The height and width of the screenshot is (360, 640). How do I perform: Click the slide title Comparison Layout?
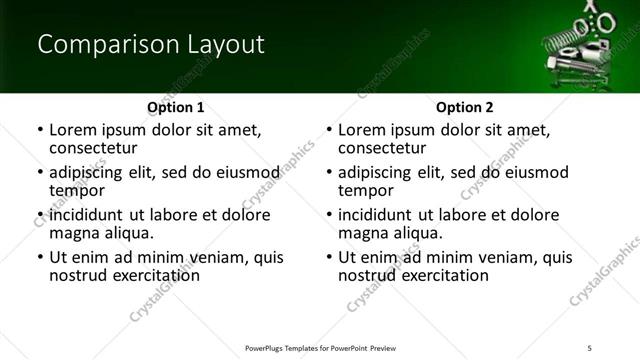pyautogui.click(x=150, y=45)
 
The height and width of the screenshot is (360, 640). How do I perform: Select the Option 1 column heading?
pyautogui.click(x=175, y=107)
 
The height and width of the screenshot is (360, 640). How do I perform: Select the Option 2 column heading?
pyautogui.click(x=464, y=107)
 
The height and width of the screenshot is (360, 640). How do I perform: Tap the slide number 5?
pyautogui.click(x=589, y=347)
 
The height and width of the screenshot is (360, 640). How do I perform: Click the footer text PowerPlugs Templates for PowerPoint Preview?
pyautogui.click(x=321, y=347)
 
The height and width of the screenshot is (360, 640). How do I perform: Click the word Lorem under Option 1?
pyautogui.click(x=73, y=130)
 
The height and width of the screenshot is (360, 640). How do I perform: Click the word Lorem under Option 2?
pyautogui.click(x=362, y=130)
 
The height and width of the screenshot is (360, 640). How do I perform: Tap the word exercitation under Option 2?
pyautogui.click(x=441, y=275)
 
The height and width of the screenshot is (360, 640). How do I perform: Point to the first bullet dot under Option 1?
pyautogui.click(x=40, y=131)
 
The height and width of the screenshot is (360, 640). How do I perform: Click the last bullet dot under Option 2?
pyautogui.click(x=329, y=258)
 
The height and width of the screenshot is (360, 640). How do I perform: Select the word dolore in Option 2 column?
pyautogui.click(x=536, y=215)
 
